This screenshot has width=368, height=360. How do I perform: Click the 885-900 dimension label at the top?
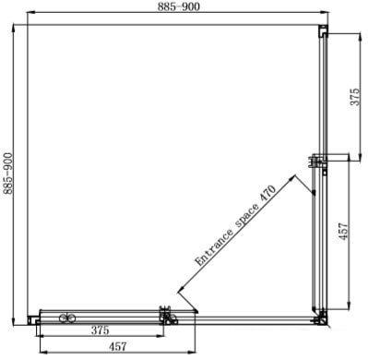179,6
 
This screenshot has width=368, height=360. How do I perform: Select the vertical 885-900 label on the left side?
7,174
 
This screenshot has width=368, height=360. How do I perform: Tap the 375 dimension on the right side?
354,97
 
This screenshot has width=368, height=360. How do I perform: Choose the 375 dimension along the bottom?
100,330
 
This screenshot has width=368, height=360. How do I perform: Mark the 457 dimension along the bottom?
118,347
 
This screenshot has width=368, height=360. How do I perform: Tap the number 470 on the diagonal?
267,194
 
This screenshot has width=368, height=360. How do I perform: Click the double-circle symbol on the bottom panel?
67,318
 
